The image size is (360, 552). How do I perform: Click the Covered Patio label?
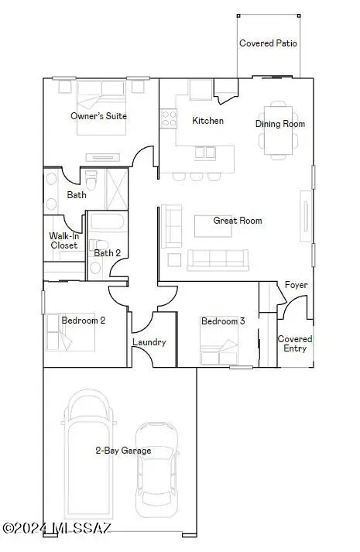click(268, 44)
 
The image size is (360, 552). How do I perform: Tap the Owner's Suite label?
click(98, 116)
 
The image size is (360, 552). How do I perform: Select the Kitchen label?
click(207, 121)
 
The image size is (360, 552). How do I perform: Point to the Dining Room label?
click(280, 124)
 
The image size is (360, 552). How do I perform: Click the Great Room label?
click(238, 221)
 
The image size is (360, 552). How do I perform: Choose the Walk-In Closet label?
click(63, 241)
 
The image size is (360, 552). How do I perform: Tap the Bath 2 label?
click(107, 252)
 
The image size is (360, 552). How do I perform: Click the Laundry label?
click(149, 342)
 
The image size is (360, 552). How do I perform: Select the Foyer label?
click(296, 285)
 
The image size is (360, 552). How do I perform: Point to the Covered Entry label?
click(295, 344)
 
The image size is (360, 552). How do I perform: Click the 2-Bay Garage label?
click(123, 451)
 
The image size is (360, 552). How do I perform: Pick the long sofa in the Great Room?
click(218, 259)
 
